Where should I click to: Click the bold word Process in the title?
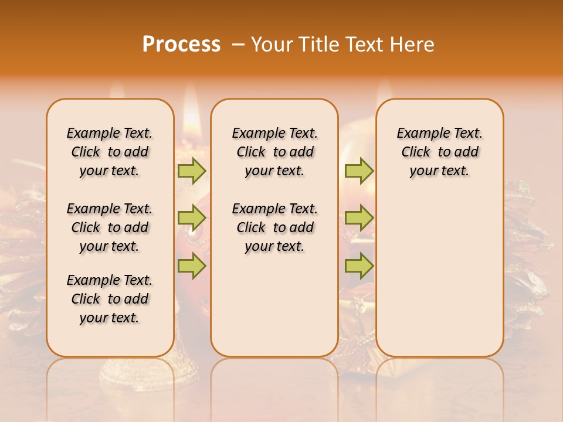point(181,45)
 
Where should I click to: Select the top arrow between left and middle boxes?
point(192,171)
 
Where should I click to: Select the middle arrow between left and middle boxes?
point(192,218)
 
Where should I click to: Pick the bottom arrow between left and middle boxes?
point(192,266)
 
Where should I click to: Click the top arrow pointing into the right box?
point(359,171)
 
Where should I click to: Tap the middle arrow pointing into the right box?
point(359,218)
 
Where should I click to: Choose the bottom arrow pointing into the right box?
point(359,266)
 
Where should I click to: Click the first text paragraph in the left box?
point(110,152)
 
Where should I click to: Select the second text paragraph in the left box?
point(110,227)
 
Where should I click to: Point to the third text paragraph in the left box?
point(110,299)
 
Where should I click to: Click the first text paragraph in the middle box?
point(274,152)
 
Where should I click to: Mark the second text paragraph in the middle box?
point(274,227)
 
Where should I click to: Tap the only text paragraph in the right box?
point(439,152)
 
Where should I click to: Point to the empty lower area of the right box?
point(439,275)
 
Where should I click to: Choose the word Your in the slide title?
point(273,45)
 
